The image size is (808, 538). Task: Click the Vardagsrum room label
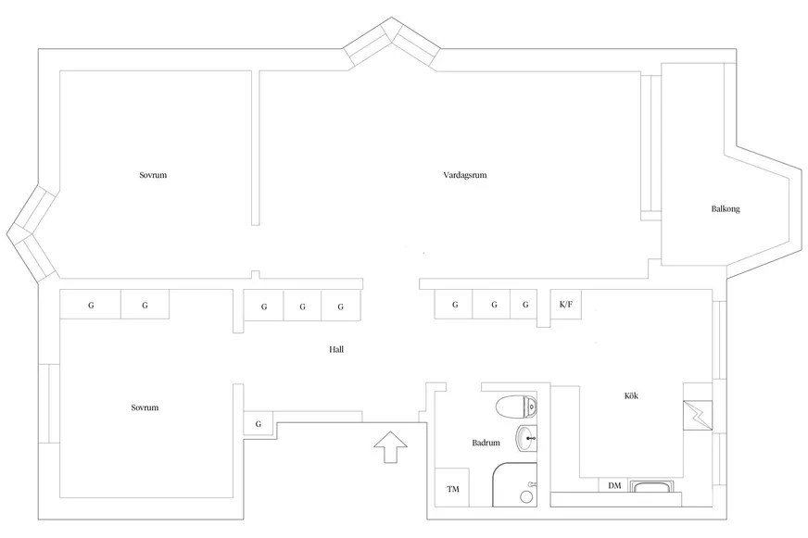[465, 175]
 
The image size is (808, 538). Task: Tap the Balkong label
[726, 209]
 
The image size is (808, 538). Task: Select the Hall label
[336, 350]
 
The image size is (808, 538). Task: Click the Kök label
[631, 395]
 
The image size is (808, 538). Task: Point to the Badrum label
[486, 443]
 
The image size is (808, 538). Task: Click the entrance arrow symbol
[391, 447]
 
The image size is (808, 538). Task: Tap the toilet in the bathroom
[516, 407]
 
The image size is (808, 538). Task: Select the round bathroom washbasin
[526, 439]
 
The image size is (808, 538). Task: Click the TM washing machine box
[452, 488]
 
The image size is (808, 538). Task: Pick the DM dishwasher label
[614, 485]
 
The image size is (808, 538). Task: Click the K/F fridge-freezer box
[566, 305]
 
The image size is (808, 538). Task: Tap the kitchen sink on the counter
[653, 486]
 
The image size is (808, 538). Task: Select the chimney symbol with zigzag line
[698, 416]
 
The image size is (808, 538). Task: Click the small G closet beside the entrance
[259, 423]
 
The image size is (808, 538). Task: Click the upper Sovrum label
[153, 175]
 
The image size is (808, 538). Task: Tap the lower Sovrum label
[145, 407]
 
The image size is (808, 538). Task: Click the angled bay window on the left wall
[32, 234]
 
